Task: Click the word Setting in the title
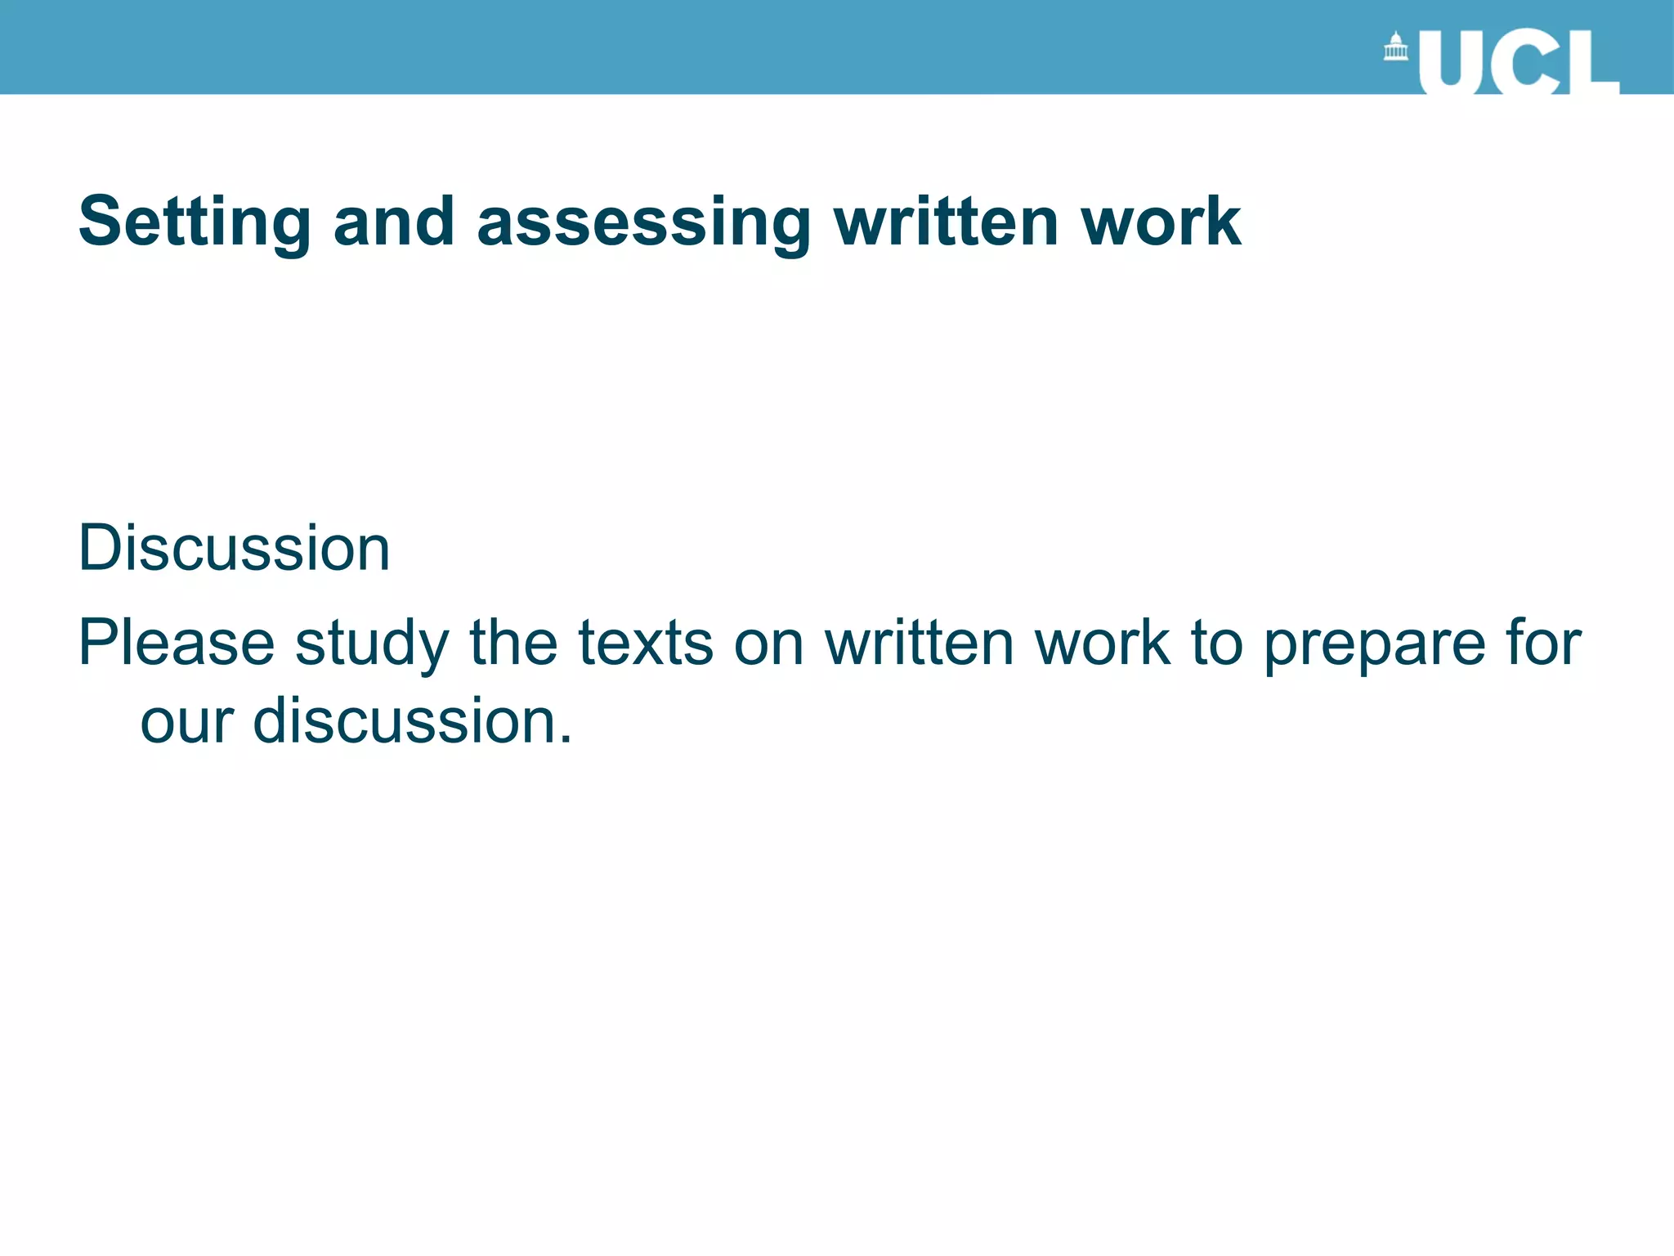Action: click(x=195, y=222)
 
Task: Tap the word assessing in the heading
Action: click(x=644, y=222)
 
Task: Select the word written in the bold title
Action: click(x=946, y=222)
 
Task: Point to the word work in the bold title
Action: click(x=1161, y=222)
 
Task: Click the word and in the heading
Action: click(x=394, y=222)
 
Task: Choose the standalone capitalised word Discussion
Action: click(x=234, y=548)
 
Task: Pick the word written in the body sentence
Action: click(x=920, y=644)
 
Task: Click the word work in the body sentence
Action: click(x=1102, y=644)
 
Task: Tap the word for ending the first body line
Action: click(x=1542, y=644)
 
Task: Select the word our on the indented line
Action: click(x=187, y=722)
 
